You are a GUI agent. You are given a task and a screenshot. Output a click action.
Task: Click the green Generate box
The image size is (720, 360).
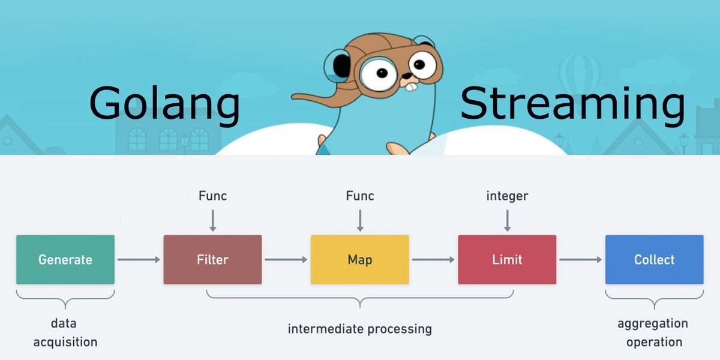[65, 259]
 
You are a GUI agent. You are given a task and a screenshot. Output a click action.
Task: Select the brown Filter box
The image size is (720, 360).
[212, 259]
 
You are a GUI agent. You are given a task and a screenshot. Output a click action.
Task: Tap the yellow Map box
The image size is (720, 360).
[360, 259]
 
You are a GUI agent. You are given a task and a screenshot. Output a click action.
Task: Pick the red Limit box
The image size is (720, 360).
[507, 259]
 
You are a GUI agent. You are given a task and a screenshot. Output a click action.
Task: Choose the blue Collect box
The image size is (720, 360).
[654, 259]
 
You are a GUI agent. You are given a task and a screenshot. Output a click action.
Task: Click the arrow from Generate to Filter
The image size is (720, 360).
[139, 259]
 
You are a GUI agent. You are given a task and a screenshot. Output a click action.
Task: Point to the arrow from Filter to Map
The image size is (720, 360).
[286, 259]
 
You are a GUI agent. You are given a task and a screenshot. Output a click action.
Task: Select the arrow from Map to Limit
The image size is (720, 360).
[433, 259]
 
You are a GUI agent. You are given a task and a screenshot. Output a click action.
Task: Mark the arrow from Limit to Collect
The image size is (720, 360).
[580, 259]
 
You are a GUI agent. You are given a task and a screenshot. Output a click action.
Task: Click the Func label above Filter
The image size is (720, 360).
[212, 196]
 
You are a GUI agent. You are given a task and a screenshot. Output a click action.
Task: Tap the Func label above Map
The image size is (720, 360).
[360, 196]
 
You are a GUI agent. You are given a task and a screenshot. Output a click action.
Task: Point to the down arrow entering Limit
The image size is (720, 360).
[507, 220]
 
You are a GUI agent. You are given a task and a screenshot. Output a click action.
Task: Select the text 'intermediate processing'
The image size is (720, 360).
[359, 329]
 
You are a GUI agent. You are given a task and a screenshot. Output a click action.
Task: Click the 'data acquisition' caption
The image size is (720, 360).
[65, 333]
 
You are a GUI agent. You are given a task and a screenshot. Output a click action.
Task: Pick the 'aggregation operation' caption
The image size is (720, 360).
[653, 333]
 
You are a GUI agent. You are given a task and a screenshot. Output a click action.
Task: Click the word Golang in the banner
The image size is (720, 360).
[164, 104]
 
